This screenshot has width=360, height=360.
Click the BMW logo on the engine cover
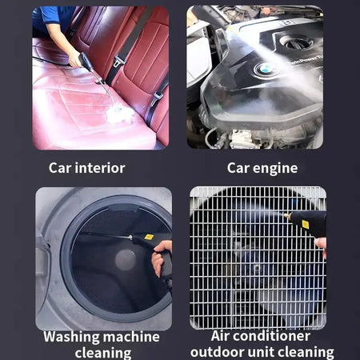click(263, 70)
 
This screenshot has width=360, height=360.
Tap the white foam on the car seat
click(120, 114)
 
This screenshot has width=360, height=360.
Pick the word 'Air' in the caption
click(224, 337)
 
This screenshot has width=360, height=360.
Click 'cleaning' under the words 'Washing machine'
click(103, 352)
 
